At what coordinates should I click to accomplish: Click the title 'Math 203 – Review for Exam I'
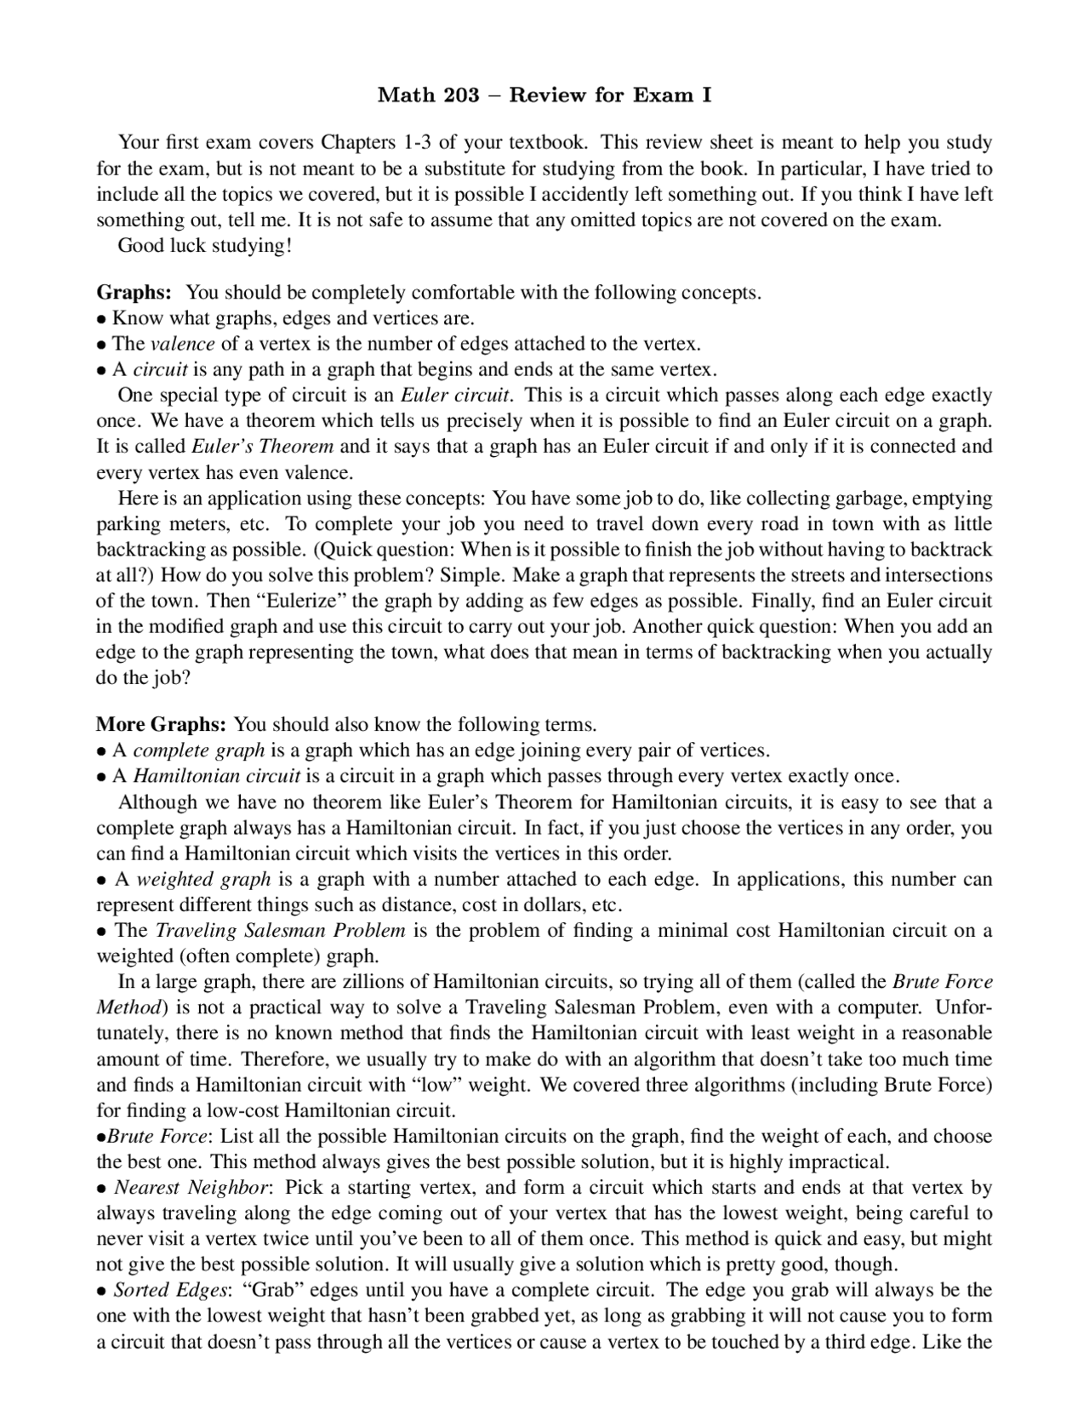coord(544,95)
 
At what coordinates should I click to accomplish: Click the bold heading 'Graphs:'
coord(134,293)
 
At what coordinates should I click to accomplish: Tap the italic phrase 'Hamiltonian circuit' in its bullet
coord(217,776)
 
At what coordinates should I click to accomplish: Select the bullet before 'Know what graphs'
coord(101,319)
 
